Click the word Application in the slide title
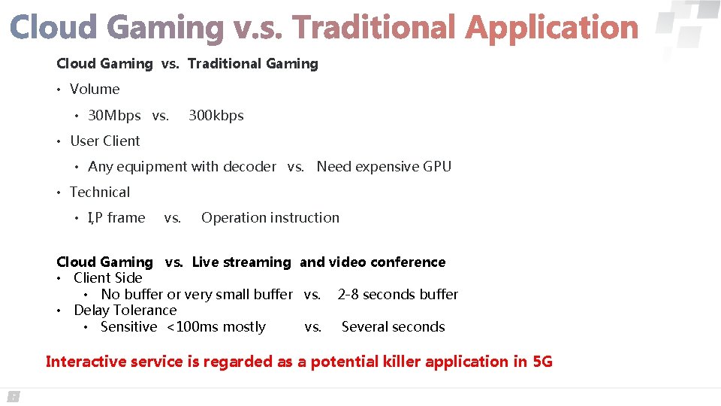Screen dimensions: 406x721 (x=551, y=29)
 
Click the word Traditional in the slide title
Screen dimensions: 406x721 (x=374, y=29)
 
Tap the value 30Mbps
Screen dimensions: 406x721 (x=114, y=116)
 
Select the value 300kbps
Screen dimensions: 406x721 (x=216, y=116)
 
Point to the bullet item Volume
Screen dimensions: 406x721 (x=95, y=89)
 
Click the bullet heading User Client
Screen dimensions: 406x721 (x=104, y=141)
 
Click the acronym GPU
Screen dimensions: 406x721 (x=437, y=167)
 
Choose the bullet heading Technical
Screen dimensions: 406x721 (x=100, y=192)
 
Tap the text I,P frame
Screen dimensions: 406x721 (x=116, y=218)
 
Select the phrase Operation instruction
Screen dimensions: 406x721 (x=270, y=218)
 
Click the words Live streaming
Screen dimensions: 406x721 (x=241, y=262)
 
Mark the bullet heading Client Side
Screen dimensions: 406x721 (x=107, y=278)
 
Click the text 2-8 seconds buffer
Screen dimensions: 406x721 (x=397, y=295)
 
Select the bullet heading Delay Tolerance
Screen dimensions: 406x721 (x=125, y=311)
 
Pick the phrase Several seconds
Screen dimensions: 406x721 (x=393, y=327)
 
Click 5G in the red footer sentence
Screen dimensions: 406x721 (x=542, y=362)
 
